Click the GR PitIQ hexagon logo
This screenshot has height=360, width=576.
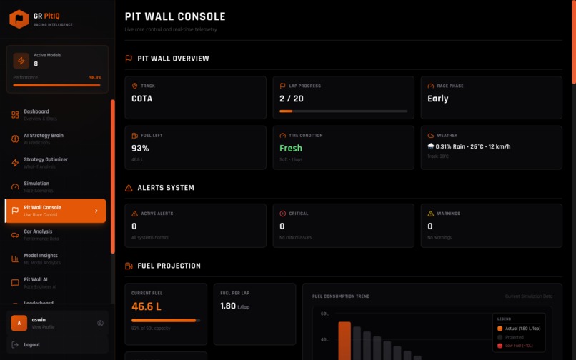[x=19, y=19]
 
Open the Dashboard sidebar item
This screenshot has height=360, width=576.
[x=36, y=114]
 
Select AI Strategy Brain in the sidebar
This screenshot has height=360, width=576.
[x=43, y=138]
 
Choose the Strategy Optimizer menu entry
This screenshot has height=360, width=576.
[x=45, y=162]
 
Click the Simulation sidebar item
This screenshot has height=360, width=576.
[x=36, y=186]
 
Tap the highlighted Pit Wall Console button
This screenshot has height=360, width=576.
[x=55, y=211]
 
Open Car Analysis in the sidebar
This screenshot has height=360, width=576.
[x=38, y=234]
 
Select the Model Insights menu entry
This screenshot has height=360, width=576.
[x=40, y=258]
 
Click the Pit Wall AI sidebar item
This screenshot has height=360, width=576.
[x=36, y=282]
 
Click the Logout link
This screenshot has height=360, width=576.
[x=31, y=345]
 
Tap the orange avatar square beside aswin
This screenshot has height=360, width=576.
[x=19, y=323]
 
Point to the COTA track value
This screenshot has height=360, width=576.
[x=141, y=99]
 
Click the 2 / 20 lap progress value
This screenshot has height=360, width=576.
[x=291, y=99]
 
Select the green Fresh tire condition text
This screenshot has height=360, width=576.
[x=291, y=149]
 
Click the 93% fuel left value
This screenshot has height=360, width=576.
[x=140, y=149]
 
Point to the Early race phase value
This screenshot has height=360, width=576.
[x=438, y=99]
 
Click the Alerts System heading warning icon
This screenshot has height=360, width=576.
[x=129, y=188]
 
